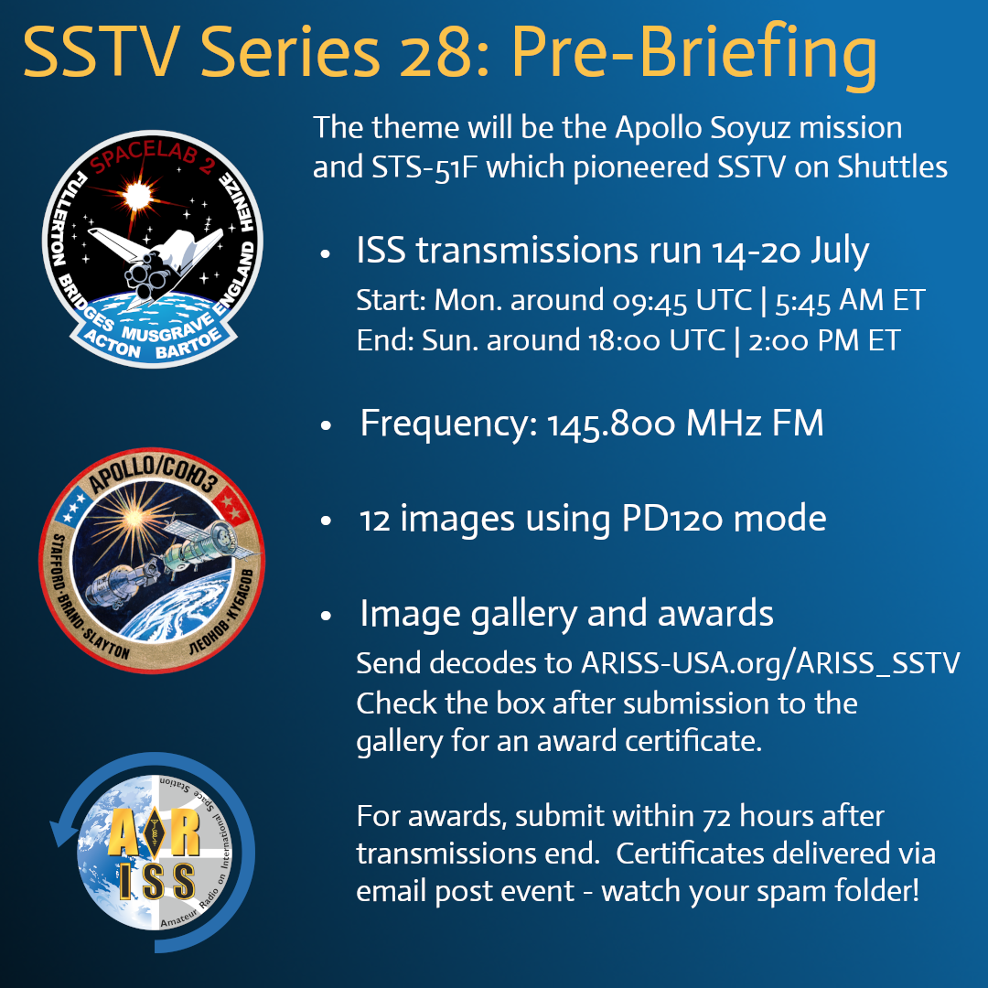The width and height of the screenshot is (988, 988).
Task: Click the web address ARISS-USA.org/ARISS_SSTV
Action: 770,662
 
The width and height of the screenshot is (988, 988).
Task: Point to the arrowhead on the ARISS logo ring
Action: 62,831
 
